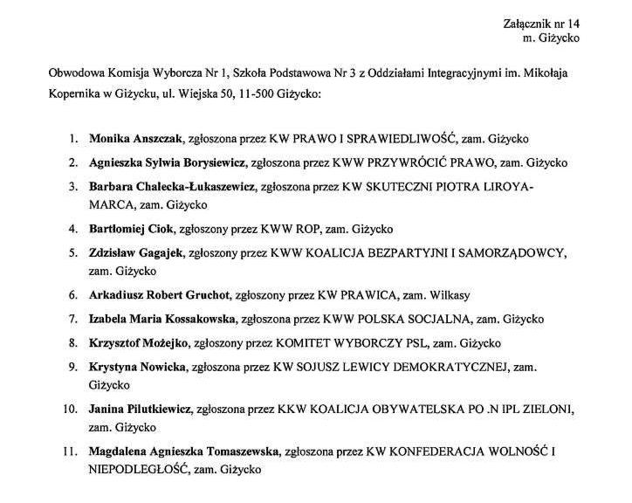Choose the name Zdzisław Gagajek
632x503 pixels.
[x=136, y=253]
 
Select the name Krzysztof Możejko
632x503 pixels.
[x=137, y=343]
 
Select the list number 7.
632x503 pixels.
[x=72, y=319]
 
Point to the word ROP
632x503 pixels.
[x=308, y=230]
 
